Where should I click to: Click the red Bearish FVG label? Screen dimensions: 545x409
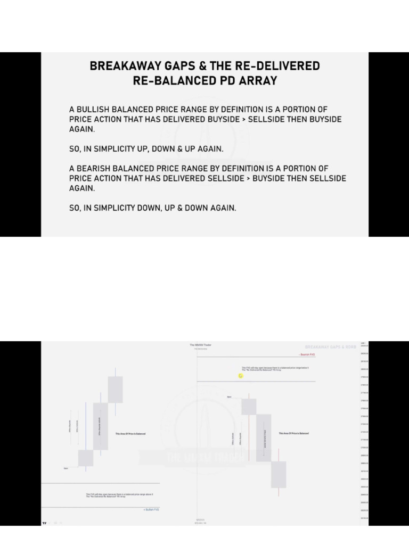(x=308, y=354)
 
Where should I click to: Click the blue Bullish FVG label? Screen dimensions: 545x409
(x=151, y=509)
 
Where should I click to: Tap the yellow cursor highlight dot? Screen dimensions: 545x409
(x=241, y=376)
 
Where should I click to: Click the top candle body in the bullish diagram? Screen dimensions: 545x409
(x=116, y=390)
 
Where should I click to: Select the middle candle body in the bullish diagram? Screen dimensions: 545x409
(x=101, y=426)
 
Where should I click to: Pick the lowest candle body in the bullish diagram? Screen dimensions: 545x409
(x=86, y=458)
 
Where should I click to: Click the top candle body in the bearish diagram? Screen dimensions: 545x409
(x=249, y=407)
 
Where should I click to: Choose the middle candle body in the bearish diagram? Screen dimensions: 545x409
(x=264, y=437)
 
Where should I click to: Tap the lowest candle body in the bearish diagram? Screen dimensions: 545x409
(x=279, y=474)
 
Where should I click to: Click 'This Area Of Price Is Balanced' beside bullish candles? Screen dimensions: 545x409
(x=130, y=434)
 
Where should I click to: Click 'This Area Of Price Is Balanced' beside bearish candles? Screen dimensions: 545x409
(x=293, y=433)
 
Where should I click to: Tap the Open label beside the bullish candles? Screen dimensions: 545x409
(x=66, y=468)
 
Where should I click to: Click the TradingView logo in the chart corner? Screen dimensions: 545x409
(x=45, y=523)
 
